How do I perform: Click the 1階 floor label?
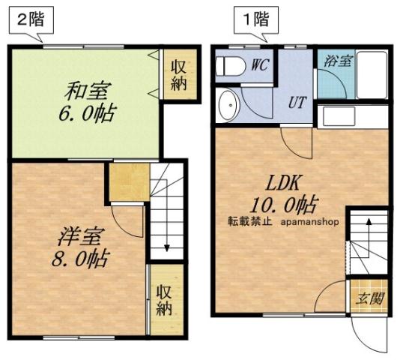(255, 21)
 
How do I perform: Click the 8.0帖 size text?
(82, 259)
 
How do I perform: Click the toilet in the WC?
(231, 67)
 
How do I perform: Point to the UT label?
(297, 103)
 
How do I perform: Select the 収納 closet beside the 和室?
(179, 75)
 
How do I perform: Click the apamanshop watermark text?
(310, 222)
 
